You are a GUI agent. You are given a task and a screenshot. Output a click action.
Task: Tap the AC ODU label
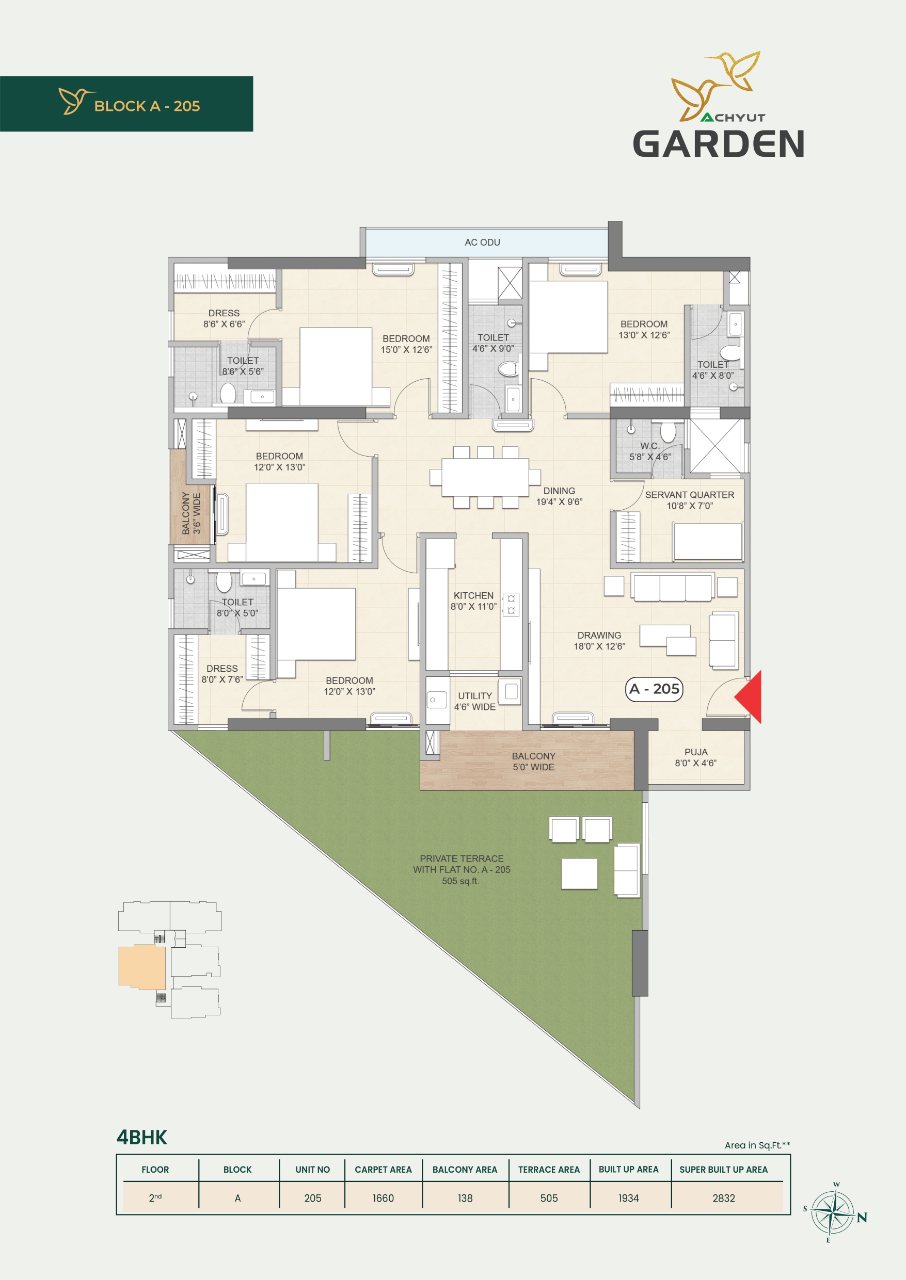(483, 242)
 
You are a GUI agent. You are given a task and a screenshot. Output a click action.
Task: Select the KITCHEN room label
(473, 596)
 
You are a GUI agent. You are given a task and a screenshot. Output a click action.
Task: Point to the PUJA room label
(696, 752)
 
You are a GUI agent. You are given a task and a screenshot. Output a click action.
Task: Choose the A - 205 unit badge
(655, 689)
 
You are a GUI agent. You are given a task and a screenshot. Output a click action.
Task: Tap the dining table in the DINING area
(485, 477)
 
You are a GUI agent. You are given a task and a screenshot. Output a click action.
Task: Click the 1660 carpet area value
(383, 1198)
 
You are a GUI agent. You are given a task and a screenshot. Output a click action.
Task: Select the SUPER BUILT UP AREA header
(724, 1170)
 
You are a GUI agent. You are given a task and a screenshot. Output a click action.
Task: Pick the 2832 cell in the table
(724, 1198)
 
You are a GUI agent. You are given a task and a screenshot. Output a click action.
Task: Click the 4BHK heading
(141, 1137)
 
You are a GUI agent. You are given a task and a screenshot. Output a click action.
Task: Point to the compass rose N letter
(862, 1218)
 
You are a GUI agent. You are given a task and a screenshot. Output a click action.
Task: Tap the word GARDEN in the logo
(719, 144)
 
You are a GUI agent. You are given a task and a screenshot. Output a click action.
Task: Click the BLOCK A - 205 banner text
(147, 106)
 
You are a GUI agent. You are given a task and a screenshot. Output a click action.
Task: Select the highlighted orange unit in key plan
(141, 966)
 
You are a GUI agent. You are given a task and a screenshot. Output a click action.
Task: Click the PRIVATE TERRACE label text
(462, 859)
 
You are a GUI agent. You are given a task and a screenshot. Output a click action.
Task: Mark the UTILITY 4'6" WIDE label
(475, 701)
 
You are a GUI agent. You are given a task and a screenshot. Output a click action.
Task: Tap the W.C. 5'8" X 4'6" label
(650, 451)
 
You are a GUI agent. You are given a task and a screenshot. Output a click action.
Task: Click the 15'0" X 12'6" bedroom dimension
(406, 350)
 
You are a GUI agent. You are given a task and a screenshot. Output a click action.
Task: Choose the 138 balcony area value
(465, 1198)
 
